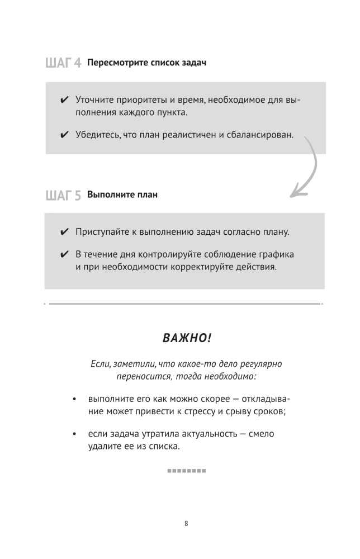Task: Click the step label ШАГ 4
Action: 63,63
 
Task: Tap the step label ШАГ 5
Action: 63,195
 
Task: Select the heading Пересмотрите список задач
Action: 147,62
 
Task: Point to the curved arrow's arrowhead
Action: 295,193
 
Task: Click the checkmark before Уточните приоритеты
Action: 64,100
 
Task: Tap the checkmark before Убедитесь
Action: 64,135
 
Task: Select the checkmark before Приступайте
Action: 64,232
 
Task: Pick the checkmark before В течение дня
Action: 64,255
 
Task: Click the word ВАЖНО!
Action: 187,338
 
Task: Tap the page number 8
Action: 186,524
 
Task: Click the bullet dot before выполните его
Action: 74,400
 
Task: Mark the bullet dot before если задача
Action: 74,434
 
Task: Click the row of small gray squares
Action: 187,471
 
